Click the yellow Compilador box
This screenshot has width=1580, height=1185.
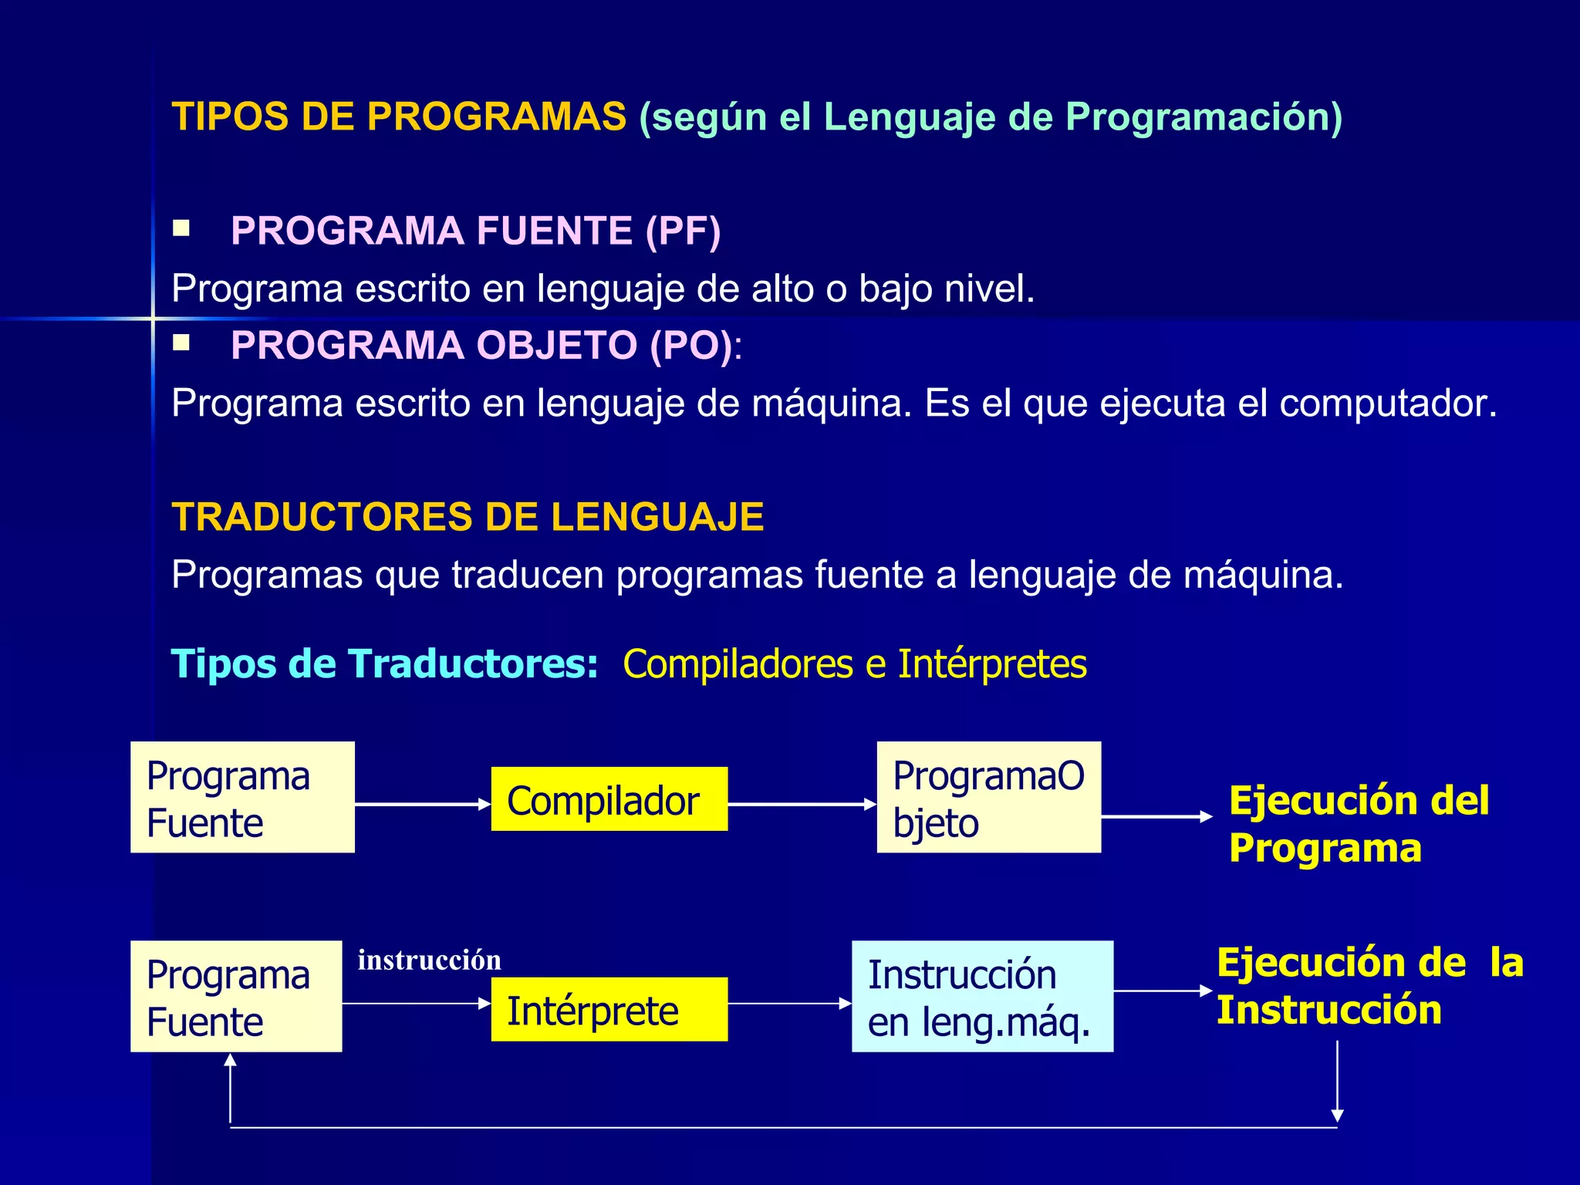(609, 799)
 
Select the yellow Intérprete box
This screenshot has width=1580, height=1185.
(609, 1009)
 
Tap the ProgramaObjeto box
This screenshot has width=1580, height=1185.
(988, 797)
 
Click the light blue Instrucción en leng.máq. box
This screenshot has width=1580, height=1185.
(981, 996)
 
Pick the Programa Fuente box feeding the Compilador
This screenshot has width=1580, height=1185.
(242, 797)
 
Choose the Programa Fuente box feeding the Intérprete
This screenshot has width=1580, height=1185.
(236, 996)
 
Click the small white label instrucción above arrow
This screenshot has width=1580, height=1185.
(429, 960)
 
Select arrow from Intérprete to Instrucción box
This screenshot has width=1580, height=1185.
(788, 1004)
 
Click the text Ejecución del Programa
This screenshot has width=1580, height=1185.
(1358, 824)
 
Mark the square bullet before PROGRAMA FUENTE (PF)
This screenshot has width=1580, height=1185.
(181, 228)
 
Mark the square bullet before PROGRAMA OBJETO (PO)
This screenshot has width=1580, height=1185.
(181, 343)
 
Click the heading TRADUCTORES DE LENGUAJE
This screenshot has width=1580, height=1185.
(468, 517)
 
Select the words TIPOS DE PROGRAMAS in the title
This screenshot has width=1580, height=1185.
(399, 117)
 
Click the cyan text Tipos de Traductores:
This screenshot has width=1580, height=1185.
(384, 663)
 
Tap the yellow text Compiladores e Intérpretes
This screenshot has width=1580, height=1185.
(854, 663)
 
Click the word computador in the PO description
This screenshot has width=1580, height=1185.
(1387, 403)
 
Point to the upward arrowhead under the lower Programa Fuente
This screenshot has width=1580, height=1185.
(230, 1061)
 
